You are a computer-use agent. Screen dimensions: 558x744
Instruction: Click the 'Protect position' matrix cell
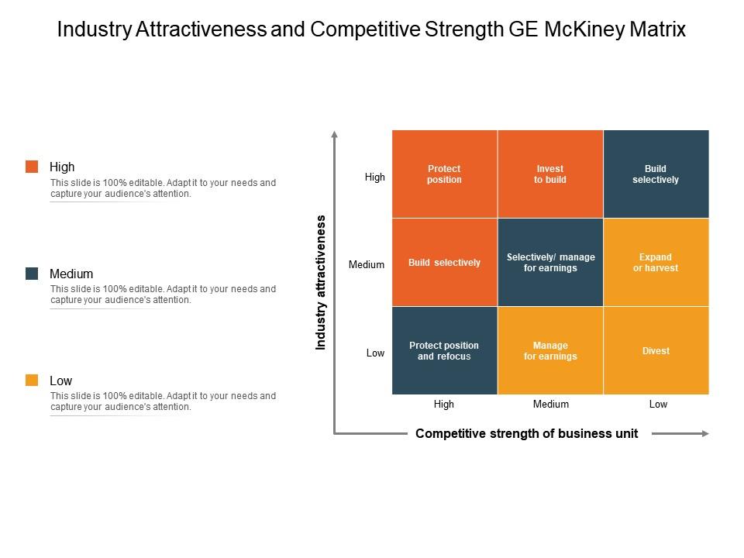pyautogui.click(x=444, y=174)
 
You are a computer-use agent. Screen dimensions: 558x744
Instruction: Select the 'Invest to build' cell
pyautogui.click(x=550, y=174)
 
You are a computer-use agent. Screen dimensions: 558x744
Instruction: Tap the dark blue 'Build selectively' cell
pyautogui.click(x=656, y=174)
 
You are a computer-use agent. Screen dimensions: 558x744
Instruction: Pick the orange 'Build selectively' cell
pyautogui.click(x=444, y=263)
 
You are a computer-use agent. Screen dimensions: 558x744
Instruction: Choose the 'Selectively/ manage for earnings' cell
pyautogui.click(x=550, y=263)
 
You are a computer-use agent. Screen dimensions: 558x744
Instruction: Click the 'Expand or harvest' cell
pyautogui.click(x=656, y=263)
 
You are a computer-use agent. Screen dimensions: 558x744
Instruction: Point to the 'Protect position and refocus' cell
pyautogui.click(x=444, y=351)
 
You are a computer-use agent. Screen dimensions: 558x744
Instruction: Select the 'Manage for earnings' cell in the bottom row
pyautogui.click(x=550, y=351)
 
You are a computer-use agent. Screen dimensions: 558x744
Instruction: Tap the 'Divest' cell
pyautogui.click(x=656, y=351)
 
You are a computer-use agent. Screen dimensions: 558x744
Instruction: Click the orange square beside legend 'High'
pyautogui.click(x=32, y=167)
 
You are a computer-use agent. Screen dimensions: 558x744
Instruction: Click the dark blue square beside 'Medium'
pyautogui.click(x=32, y=274)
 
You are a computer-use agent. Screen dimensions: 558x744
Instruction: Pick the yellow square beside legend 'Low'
pyautogui.click(x=32, y=381)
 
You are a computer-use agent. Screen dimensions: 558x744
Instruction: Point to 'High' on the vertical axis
pyautogui.click(x=375, y=177)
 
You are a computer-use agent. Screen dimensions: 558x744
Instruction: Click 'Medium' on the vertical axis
pyautogui.click(x=367, y=265)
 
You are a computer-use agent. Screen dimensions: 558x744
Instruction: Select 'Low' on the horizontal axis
pyautogui.click(x=658, y=405)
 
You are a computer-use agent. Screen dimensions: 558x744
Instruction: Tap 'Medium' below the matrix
pyautogui.click(x=551, y=405)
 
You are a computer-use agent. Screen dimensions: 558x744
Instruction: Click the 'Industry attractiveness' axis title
pyautogui.click(x=321, y=283)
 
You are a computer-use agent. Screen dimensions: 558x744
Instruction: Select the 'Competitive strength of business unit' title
pyautogui.click(x=527, y=434)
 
